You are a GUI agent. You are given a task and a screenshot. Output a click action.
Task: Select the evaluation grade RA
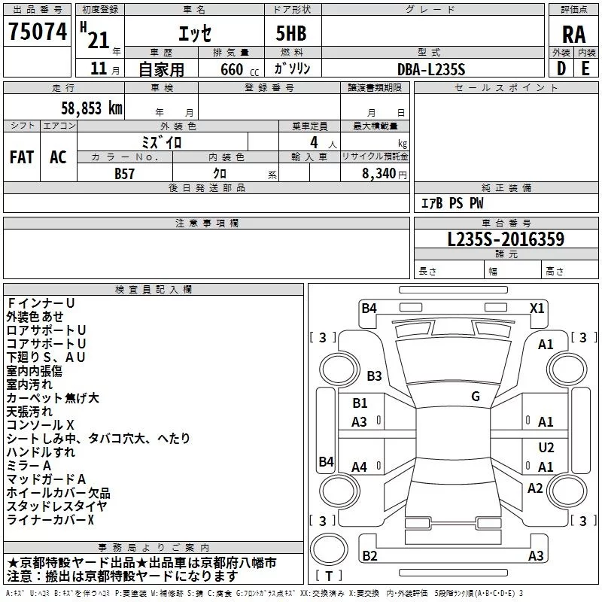pyautogui.click(x=573, y=34)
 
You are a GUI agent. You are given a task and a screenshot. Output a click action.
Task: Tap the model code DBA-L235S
pyautogui.click(x=431, y=69)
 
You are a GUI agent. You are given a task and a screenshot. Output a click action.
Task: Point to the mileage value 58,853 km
pyautogui.click(x=84, y=108)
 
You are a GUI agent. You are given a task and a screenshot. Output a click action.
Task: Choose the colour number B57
pyautogui.click(x=125, y=172)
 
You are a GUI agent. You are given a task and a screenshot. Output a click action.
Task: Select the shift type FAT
pyautogui.click(x=21, y=157)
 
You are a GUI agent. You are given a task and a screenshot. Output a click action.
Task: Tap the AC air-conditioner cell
pyautogui.click(x=58, y=157)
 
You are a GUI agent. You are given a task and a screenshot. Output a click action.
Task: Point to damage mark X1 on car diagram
pyautogui.click(x=537, y=308)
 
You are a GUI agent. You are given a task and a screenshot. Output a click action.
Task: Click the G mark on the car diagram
pyautogui.click(x=476, y=397)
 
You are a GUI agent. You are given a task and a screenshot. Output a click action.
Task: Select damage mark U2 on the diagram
pyautogui.click(x=546, y=447)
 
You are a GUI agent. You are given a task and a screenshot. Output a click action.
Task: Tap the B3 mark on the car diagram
pyautogui.click(x=374, y=375)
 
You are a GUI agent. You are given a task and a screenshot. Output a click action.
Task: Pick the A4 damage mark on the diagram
pyautogui.click(x=360, y=467)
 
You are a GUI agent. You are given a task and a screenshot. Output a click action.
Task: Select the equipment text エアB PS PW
pyautogui.click(x=451, y=204)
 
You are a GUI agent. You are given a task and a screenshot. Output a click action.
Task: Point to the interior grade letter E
pyautogui.click(x=585, y=68)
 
